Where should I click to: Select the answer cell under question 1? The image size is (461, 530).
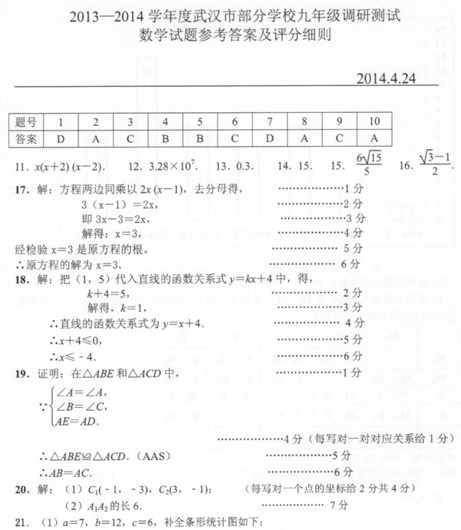coord(60,139)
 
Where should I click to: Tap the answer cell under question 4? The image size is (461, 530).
coord(165,139)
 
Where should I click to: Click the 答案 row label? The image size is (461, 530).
coord(27,139)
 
